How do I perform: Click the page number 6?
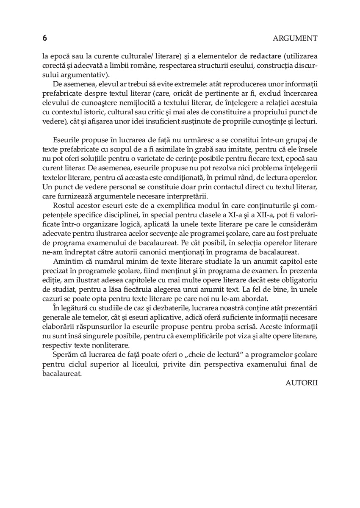pos(45,38)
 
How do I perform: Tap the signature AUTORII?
pos(302,383)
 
